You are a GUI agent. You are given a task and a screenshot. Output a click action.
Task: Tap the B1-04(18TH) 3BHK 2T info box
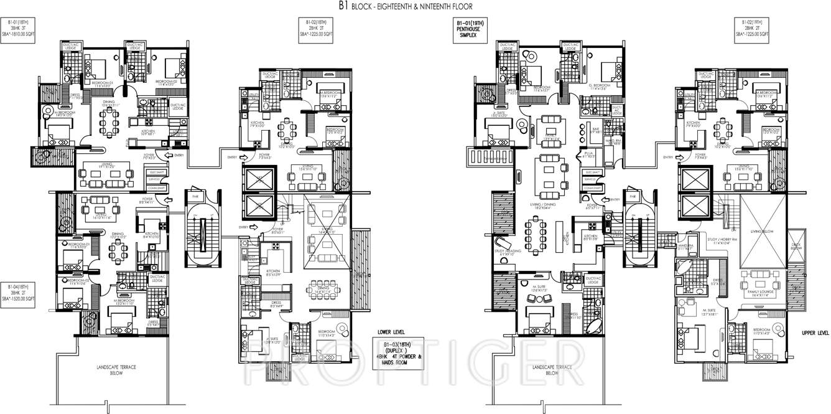coord(19,293)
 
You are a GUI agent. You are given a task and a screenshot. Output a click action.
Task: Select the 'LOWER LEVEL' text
coord(391,332)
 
